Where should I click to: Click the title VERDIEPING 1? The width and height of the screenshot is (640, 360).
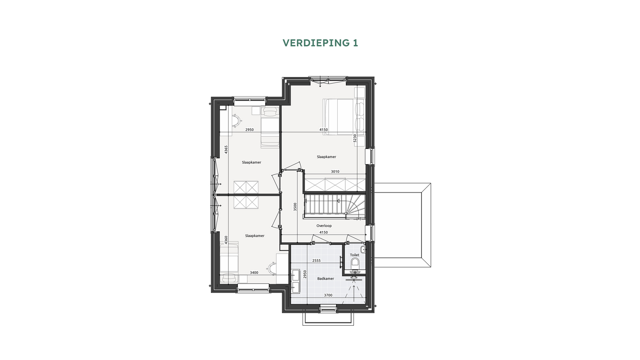(320, 43)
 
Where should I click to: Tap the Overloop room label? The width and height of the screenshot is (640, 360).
(324, 226)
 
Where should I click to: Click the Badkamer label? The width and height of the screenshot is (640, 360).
(326, 279)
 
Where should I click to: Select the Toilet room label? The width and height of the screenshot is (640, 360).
(355, 255)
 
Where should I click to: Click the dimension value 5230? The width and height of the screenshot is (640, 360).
(355, 138)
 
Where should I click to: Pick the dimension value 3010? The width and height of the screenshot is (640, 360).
(335, 172)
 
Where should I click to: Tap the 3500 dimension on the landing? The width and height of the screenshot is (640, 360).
(295, 207)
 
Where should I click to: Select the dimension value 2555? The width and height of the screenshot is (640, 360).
(316, 261)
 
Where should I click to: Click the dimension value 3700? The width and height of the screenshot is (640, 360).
(328, 295)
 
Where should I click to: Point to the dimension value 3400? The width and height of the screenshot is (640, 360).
(254, 273)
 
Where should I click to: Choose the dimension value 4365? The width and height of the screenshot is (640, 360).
(226, 149)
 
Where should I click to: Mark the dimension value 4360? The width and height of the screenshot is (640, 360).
(226, 240)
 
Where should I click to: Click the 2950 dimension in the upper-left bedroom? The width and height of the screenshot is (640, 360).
(249, 130)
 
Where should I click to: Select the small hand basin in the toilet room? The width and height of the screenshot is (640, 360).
(363, 249)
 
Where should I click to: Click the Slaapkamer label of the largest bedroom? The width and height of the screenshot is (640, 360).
(326, 157)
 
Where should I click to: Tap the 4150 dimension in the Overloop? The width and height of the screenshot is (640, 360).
(323, 232)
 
